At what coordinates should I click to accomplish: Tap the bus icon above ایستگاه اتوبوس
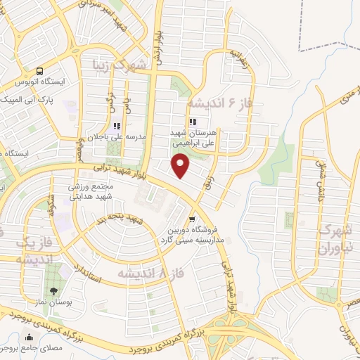pyautogui.click(x=40, y=71)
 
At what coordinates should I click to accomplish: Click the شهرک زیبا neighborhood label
pyautogui.click(x=120, y=66)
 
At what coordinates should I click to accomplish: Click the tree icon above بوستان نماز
pyautogui.click(x=53, y=291)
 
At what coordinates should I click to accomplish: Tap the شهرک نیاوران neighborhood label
pyautogui.click(x=334, y=238)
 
